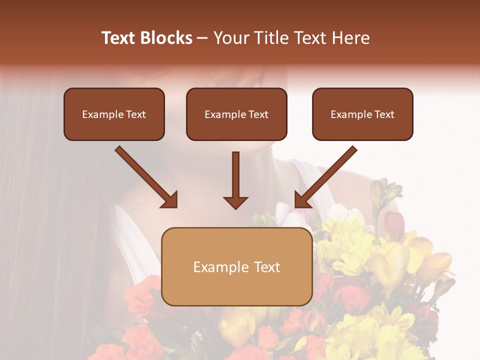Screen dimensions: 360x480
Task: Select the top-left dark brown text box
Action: click(114, 114)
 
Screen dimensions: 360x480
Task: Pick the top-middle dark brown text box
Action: click(236, 114)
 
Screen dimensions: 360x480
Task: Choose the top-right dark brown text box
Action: click(362, 114)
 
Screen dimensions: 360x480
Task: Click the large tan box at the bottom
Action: click(236, 266)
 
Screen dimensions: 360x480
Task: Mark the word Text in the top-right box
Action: click(384, 114)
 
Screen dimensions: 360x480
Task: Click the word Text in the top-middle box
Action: click(258, 114)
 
